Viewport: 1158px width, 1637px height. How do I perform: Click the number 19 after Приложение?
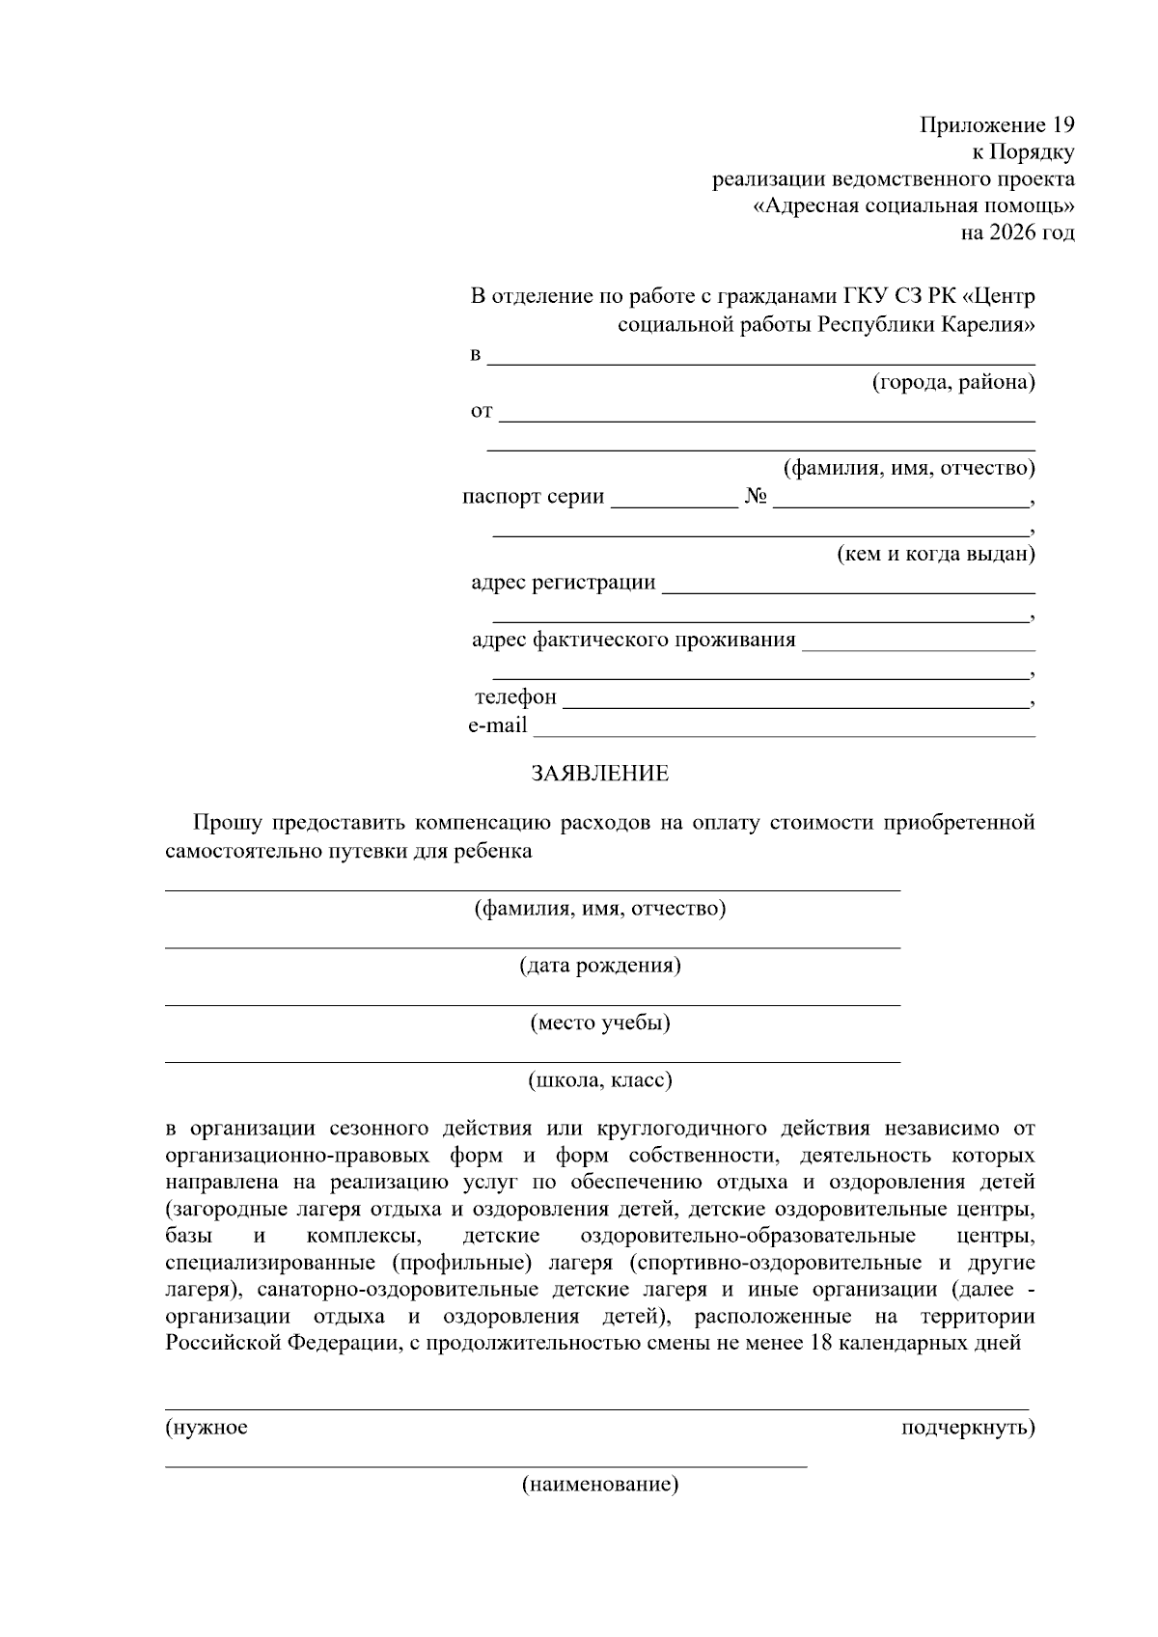pyautogui.click(x=1061, y=125)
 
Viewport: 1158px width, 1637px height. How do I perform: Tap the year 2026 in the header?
pyautogui.click(x=1009, y=232)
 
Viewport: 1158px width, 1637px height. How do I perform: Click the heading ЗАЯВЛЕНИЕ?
pyautogui.click(x=599, y=774)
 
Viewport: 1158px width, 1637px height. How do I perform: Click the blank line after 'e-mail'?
pyautogui.click(x=784, y=735)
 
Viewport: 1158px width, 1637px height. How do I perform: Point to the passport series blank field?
pyautogui.click(x=674, y=505)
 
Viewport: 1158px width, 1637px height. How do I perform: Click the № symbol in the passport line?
pyautogui.click(x=756, y=497)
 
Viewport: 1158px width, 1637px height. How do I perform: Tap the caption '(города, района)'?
pyautogui.click(x=953, y=383)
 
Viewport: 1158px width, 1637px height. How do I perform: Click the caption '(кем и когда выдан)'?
pyautogui.click(x=934, y=555)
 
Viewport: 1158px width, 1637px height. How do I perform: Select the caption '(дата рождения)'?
pyautogui.click(x=599, y=966)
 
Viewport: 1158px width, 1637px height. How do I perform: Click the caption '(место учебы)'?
pyautogui.click(x=599, y=1023)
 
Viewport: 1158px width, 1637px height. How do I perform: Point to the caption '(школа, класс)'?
pyautogui.click(x=599, y=1080)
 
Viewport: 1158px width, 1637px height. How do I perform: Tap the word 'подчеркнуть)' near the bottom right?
pyautogui.click(x=967, y=1428)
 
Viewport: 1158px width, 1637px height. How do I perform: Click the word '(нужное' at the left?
pyautogui.click(x=207, y=1428)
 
